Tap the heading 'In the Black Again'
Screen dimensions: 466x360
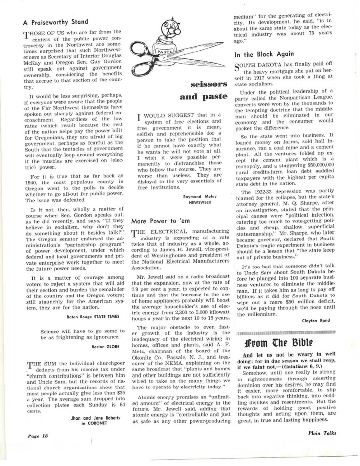[264, 54]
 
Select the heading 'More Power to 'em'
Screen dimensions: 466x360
[160, 221]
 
